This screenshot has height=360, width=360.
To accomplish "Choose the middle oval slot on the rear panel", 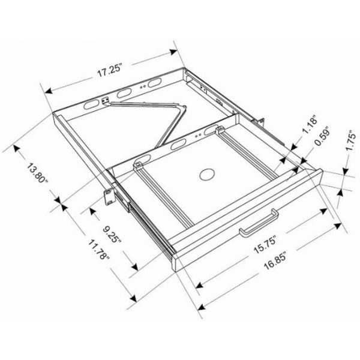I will point(125,92).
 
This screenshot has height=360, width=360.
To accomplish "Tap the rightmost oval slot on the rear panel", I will point(155,82).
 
